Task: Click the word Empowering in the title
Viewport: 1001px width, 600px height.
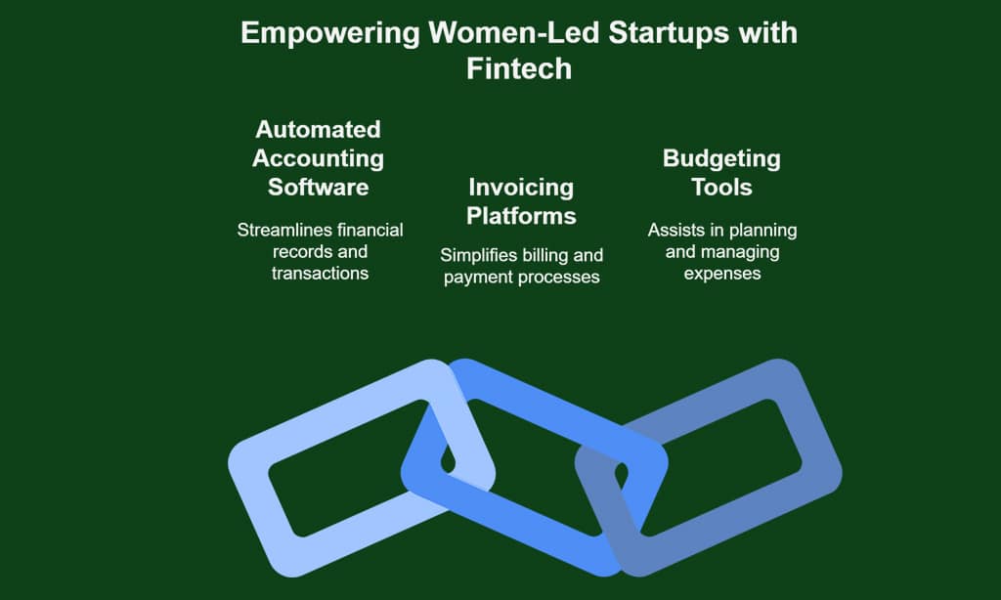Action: pos(330,34)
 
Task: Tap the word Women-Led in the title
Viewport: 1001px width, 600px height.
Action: pos(514,32)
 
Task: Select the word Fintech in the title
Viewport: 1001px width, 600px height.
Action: pos(519,69)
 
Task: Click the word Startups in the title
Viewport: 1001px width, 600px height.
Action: pos(669,34)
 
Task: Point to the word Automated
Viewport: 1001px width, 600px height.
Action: pos(318,130)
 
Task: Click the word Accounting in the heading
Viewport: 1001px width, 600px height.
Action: pos(318,159)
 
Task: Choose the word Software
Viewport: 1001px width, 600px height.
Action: pos(318,187)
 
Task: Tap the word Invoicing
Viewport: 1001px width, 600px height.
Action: pos(521,188)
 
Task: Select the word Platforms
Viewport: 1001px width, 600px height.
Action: pos(521,216)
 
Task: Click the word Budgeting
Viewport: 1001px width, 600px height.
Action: pos(721,159)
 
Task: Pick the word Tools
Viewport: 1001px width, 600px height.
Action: pos(721,187)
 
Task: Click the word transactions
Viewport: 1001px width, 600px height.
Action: pos(320,274)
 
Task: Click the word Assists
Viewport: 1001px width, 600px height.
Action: pos(673,230)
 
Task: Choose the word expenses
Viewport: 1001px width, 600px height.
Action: pos(722,274)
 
